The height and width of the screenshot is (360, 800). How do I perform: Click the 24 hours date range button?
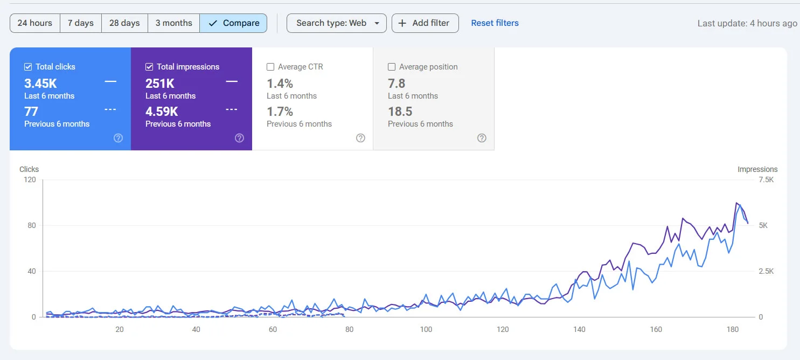click(34, 23)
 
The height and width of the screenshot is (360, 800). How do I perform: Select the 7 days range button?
click(80, 23)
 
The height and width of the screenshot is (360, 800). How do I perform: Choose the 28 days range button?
click(124, 23)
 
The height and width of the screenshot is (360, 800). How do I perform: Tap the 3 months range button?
click(173, 23)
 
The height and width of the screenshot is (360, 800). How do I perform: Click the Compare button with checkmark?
click(233, 23)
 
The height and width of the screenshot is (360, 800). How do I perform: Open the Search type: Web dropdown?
click(336, 23)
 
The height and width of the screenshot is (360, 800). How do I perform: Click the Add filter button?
click(425, 23)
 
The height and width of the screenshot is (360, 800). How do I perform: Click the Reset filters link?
click(495, 23)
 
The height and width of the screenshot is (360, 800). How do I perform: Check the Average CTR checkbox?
click(270, 67)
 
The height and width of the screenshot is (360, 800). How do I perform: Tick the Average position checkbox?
click(392, 67)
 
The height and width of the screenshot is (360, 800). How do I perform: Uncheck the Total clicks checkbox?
click(28, 67)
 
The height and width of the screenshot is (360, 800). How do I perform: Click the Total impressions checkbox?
click(149, 67)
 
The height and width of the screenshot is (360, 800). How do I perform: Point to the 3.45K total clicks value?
click(40, 84)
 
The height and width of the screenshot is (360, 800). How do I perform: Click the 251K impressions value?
click(160, 84)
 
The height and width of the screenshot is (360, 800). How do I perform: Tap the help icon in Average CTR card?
click(360, 138)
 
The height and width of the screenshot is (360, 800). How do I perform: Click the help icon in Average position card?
click(482, 138)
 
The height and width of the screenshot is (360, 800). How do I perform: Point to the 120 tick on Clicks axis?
click(30, 179)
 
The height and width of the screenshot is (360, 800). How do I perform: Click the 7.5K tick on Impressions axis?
click(766, 179)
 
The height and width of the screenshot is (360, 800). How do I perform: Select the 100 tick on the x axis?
click(426, 329)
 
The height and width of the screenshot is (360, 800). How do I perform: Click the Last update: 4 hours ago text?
click(747, 23)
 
